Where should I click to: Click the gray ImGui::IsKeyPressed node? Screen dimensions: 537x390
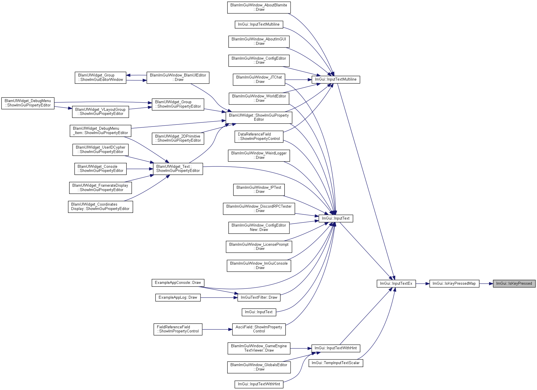pos(514,284)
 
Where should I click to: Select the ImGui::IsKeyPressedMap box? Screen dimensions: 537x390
pos(454,284)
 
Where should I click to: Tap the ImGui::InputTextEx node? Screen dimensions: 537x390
pos(396,284)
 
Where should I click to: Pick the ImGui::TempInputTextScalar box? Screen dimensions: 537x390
pos(336,363)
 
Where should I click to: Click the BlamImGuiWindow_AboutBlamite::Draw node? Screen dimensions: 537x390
pos(259,7)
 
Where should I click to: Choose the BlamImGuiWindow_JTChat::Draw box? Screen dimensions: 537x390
pos(259,79)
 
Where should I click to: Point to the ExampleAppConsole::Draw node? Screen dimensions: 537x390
pos(178,283)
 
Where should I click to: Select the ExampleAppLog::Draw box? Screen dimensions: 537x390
pos(178,298)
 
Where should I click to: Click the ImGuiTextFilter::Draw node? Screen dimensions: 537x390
pos(259,298)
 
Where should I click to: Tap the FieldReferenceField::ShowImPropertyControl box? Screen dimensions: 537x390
pos(178,329)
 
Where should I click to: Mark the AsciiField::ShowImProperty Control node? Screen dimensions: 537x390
pos(259,329)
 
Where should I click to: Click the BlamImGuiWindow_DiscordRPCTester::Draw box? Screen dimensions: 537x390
pos(259,209)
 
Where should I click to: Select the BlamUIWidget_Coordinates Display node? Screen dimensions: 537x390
pos(101,207)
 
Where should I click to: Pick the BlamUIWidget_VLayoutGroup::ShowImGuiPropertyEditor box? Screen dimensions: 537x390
pos(101,112)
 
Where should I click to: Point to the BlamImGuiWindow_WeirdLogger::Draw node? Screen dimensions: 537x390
pos(259,155)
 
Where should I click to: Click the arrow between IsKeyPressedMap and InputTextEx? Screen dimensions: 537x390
pos(423,284)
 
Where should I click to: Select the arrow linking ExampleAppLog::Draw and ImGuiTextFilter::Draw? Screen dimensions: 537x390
pos(219,298)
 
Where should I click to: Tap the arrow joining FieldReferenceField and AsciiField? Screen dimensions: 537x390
pos(217,329)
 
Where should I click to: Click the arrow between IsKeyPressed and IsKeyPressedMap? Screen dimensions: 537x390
pos(486,284)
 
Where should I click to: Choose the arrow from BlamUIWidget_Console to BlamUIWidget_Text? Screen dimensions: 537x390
pos(140,169)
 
